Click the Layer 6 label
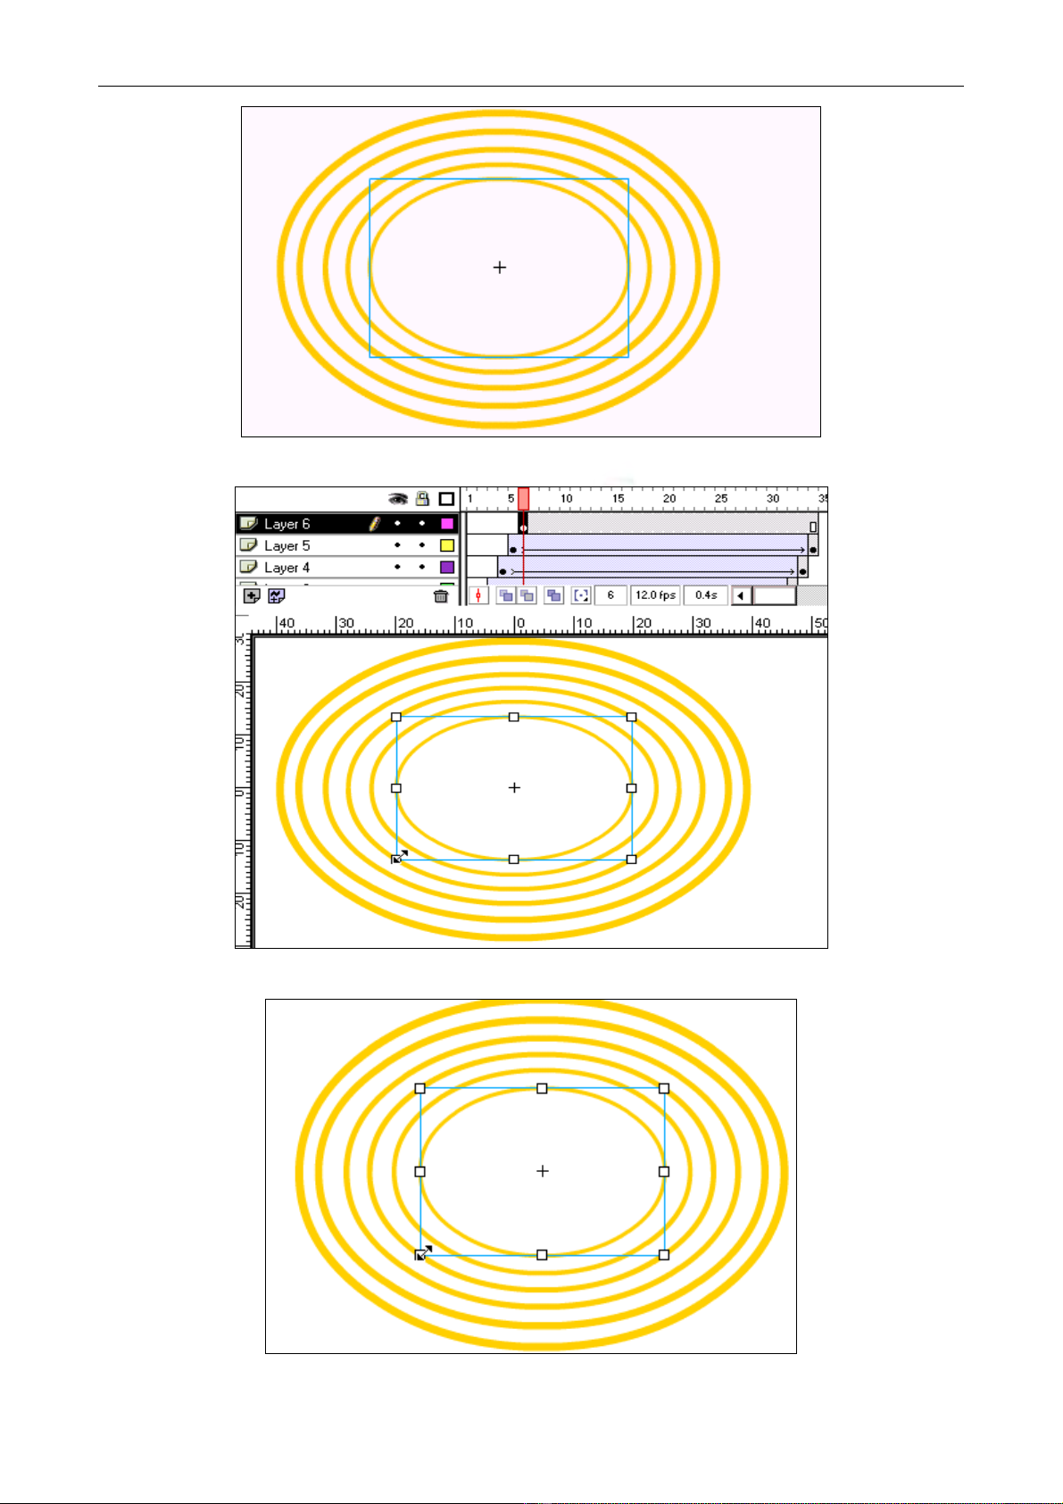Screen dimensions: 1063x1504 tap(287, 524)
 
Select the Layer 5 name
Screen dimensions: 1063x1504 tap(287, 546)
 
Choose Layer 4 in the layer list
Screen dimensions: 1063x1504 tap(287, 568)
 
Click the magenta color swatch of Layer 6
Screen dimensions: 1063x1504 tap(447, 524)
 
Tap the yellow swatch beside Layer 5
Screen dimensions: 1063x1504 tap(447, 546)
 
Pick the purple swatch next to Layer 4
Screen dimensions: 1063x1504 tap(447, 568)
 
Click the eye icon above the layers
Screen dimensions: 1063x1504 tap(398, 499)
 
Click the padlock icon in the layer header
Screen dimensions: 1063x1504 tap(422, 498)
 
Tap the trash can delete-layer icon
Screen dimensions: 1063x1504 tap(441, 596)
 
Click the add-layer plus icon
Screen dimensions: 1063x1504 tap(252, 596)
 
